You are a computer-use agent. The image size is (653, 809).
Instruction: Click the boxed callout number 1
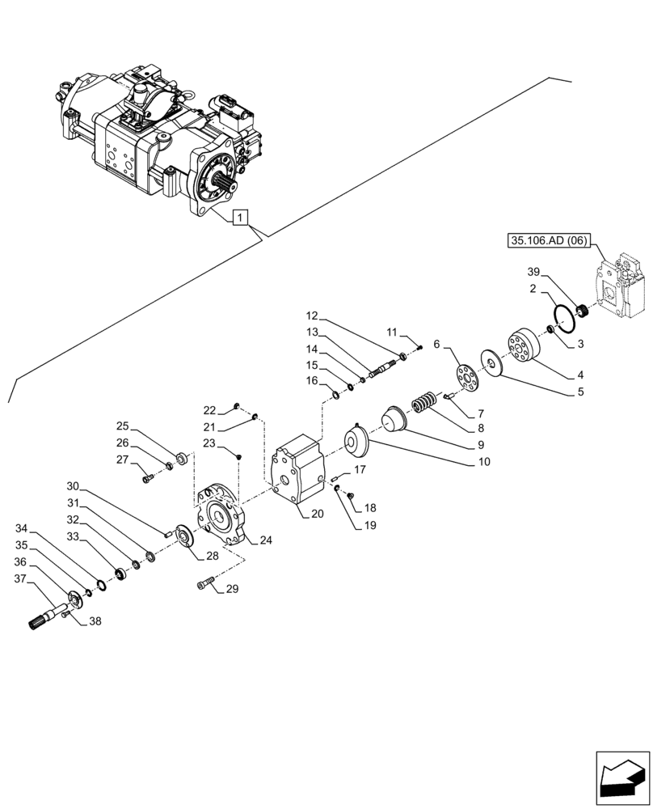click(240, 217)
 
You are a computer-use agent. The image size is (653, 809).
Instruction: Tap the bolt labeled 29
click(206, 583)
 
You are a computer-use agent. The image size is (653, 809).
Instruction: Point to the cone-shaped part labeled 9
click(394, 418)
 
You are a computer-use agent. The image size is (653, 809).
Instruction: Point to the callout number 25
click(122, 426)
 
